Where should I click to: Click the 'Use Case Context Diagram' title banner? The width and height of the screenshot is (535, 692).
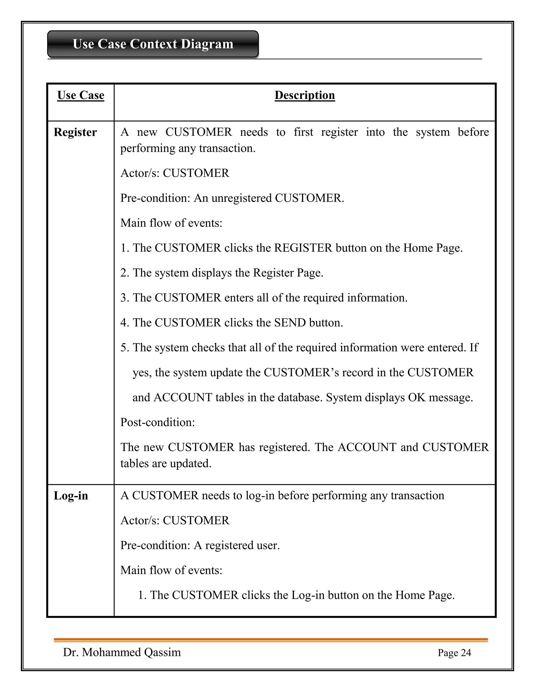153,44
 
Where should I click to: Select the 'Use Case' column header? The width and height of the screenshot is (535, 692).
80,95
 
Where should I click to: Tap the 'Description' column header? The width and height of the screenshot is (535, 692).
304,95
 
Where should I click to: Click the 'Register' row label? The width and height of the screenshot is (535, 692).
75,132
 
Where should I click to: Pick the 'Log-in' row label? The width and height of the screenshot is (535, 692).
71,496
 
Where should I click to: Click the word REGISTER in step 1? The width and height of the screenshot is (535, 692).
303,248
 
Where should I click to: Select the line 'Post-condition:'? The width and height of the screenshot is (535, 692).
158,422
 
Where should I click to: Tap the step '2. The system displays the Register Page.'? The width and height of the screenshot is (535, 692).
222,273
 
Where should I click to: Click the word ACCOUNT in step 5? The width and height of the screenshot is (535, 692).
183,397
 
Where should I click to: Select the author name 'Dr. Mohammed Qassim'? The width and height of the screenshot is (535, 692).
122,652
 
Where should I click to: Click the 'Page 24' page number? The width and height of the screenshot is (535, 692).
454,653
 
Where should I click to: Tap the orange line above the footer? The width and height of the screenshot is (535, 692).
271,640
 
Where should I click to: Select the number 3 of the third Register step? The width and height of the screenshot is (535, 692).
124,298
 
